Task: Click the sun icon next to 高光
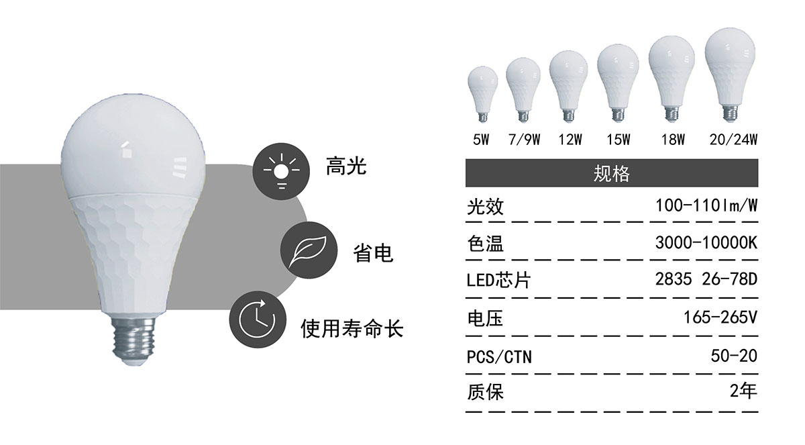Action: coord(281,171)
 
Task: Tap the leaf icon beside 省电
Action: coord(309,250)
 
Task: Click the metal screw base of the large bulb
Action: coord(133,340)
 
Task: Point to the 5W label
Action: coord(481,140)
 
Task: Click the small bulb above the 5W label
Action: coord(482,94)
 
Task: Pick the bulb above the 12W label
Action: coord(569,87)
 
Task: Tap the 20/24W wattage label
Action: coord(733,140)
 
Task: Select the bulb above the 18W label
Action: coord(672,79)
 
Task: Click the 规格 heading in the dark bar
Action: coord(611,173)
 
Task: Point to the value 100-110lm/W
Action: coord(706,205)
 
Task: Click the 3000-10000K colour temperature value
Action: coord(706,243)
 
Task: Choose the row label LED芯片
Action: coord(498,281)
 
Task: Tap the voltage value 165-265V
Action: coord(720,317)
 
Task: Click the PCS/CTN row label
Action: coord(499,357)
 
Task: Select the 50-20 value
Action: coord(734,356)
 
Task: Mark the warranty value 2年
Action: coord(743,391)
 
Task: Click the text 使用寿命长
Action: coord(352,328)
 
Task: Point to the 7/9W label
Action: coord(525,140)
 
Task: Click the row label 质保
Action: coord(485,392)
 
